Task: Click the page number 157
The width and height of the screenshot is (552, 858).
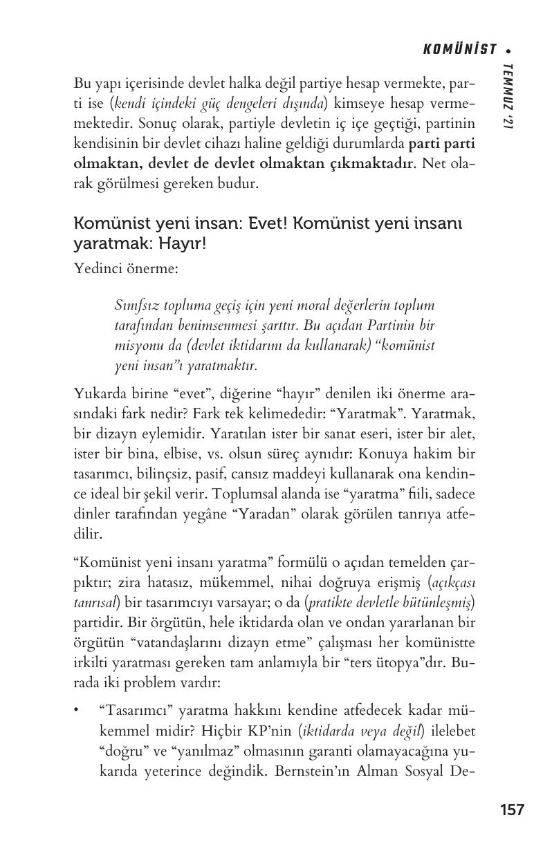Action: (x=512, y=810)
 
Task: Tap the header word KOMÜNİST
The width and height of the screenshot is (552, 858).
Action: (x=459, y=49)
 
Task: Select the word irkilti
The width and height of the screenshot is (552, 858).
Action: (x=93, y=662)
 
